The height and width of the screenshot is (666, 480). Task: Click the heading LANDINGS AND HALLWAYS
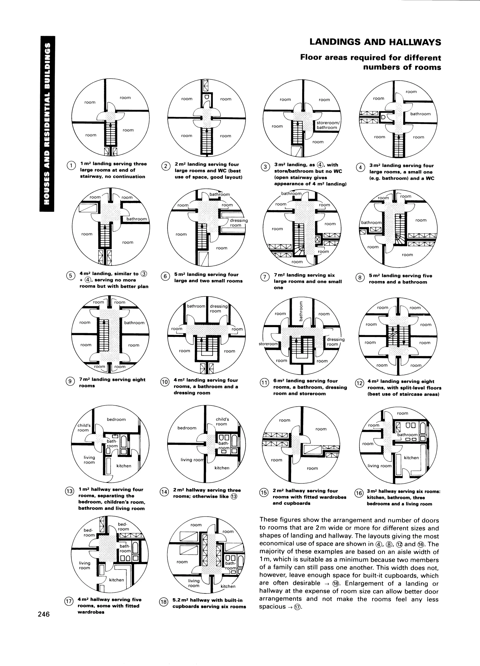pyautogui.click(x=375, y=42)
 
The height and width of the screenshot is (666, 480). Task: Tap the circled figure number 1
pyautogui.click(x=71, y=166)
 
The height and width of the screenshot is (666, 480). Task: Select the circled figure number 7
pyautogui.click(x=264, y=277)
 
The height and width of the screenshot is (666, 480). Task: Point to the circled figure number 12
pyautogui.click(x=360, y=383)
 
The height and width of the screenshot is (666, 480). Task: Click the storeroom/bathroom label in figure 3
pyautogui.click(x=327, y=125)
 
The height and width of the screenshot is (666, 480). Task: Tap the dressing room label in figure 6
pyautogui.click(x=238, y=223)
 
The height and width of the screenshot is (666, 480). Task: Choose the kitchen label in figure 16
pyautogui.click(x=411, y=458)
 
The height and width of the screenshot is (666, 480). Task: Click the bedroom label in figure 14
pyautogui.click(x=187, y=428)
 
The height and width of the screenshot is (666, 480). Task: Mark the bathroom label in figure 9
pyautogui.click(x=134, y=323)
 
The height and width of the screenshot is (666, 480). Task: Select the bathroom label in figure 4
pyautogui.click(x=420, y=114)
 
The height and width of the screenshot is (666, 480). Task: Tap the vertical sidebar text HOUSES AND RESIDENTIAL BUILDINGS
pyautogui.click(x=47, y=123)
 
